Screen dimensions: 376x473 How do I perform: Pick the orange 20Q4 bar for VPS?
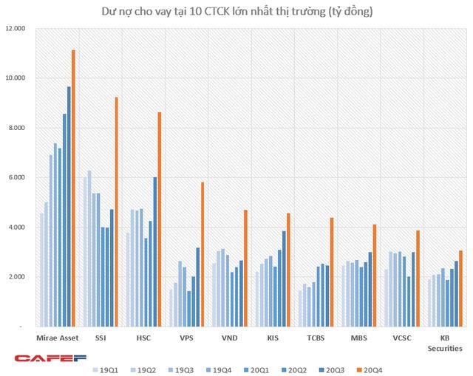click(202, 254)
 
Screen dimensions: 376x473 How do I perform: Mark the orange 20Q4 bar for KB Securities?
click(460, 288)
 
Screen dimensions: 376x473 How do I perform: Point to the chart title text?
click(237, 10)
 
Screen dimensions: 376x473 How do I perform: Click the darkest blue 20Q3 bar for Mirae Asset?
click(69, 207)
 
